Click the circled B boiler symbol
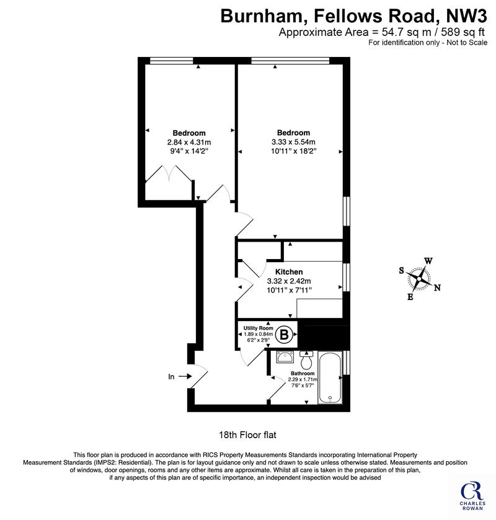coord(285,335)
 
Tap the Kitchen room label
coord(289,272)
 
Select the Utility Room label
coord(259,328)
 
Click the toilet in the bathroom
coord(306,361)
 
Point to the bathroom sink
coord(285,357)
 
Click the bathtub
coord(330,377)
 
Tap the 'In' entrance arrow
coord(185,376)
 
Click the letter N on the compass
coord(437,288)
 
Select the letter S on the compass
coord(401,271)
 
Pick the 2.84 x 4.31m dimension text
coord(189,143)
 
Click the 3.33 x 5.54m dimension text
coord(293,142)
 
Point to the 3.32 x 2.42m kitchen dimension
coord(289,281)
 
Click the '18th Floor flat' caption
coord(247,434)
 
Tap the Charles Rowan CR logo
coord(472,495)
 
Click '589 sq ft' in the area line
coord(463,32)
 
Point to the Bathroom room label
coord(303,373)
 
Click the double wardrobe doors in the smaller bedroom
coord(169,174)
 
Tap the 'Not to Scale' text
coord(467,42)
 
